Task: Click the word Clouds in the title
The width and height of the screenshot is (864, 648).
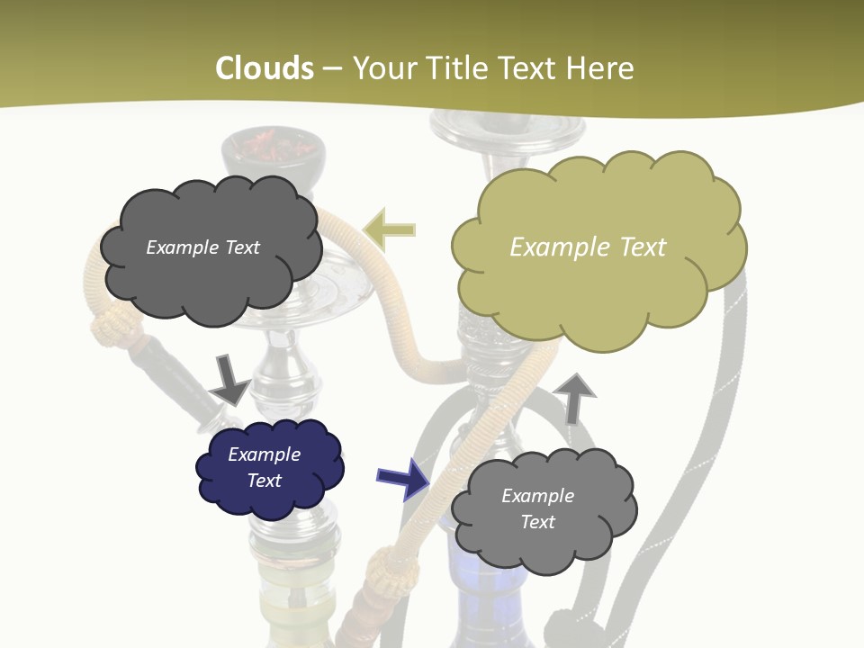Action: click(265, 68)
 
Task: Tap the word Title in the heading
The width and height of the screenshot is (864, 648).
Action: click(453, 68)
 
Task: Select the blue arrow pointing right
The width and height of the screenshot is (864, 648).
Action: click(402, 477)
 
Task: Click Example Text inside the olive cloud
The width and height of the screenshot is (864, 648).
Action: click(588, 247)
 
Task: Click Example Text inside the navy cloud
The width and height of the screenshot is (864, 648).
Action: click(264, 467)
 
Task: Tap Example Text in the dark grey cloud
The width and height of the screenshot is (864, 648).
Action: click(202, 247)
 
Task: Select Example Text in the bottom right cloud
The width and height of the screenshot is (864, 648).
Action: click(537, 508)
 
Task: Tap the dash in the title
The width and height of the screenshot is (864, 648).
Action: click(332, 68)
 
